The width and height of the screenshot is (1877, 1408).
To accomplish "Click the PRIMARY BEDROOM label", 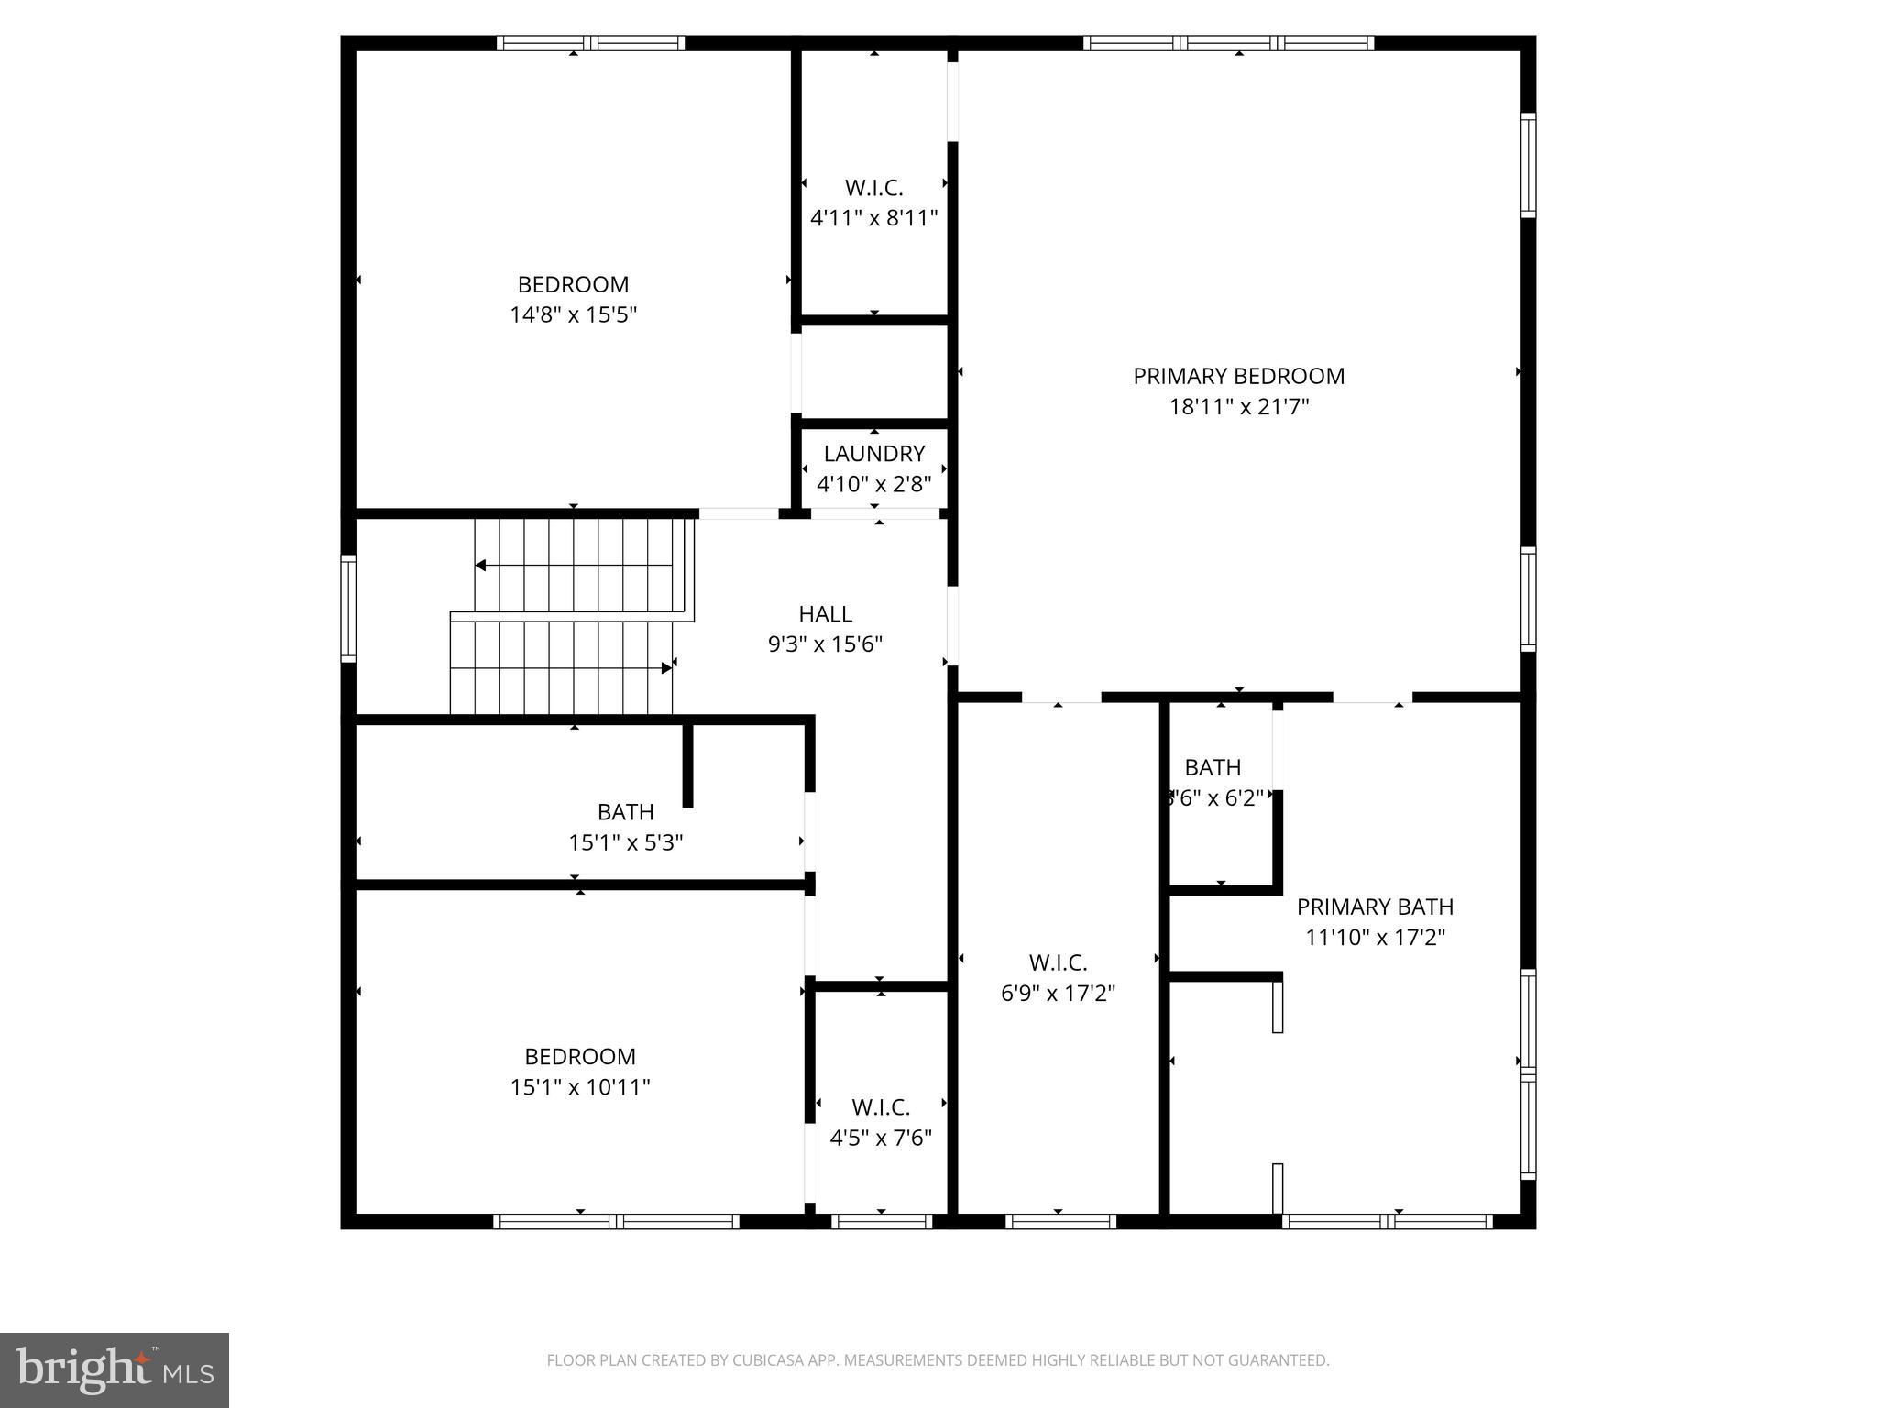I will coord(1238,376).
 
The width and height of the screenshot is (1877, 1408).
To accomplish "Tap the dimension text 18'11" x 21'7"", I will coord(1238,406).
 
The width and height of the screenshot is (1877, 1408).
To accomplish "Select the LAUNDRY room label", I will coord(873,453).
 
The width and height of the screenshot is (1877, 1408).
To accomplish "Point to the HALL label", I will coord(825,613).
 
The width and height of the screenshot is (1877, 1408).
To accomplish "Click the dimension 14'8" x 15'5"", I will coord(573,314).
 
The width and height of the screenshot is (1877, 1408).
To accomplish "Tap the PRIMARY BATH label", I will coord(1375,907).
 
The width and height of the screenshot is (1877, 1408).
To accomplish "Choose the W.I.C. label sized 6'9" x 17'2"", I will coord(1058,962).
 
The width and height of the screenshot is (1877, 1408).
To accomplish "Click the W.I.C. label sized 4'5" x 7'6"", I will coord(880,1106).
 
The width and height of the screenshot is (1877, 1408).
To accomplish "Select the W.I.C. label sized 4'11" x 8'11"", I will coord(873,187).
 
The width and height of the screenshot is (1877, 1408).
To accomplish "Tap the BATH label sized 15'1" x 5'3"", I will coord(625,811).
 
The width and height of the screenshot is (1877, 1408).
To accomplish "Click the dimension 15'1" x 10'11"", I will coord(580,1086).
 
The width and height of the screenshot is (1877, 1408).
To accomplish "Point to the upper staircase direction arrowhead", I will coord(480,566).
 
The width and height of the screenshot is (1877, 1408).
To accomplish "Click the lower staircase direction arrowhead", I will coord(666,668).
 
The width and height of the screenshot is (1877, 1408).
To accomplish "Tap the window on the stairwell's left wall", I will coord(348,609).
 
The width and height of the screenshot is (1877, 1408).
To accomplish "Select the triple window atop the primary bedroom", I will coord(1228,43).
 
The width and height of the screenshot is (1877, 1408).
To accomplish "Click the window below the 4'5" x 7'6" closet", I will coord(881,1221).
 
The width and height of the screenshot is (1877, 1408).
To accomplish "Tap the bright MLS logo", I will coord(115,1369).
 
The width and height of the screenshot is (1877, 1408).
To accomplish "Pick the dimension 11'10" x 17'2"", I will coord(1375,937).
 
